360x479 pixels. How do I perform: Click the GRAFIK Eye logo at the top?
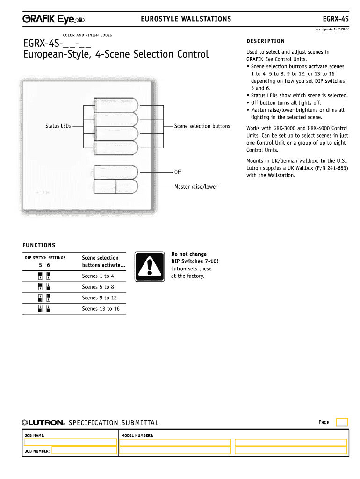coord(53,19)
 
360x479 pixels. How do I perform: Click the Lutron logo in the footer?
coord(43,422)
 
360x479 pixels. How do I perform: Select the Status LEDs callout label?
coord(58,126)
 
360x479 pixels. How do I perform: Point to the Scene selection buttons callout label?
coord(202,126)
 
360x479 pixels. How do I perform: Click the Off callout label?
coord(178,172)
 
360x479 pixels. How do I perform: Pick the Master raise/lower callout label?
coord(196,187)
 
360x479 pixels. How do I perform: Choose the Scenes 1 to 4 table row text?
coord(98,276)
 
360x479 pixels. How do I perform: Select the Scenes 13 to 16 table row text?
coord(101,309)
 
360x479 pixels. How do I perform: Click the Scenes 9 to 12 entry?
coord(99,298)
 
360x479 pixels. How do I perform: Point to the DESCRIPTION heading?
coord(266,41)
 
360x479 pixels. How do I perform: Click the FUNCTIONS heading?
coord(39,245)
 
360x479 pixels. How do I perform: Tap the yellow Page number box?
coord(342,422)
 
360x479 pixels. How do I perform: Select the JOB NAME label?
coord(35,435)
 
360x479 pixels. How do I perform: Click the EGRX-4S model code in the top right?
coord(336,19)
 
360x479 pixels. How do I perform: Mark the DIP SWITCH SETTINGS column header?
coord(45,258)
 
